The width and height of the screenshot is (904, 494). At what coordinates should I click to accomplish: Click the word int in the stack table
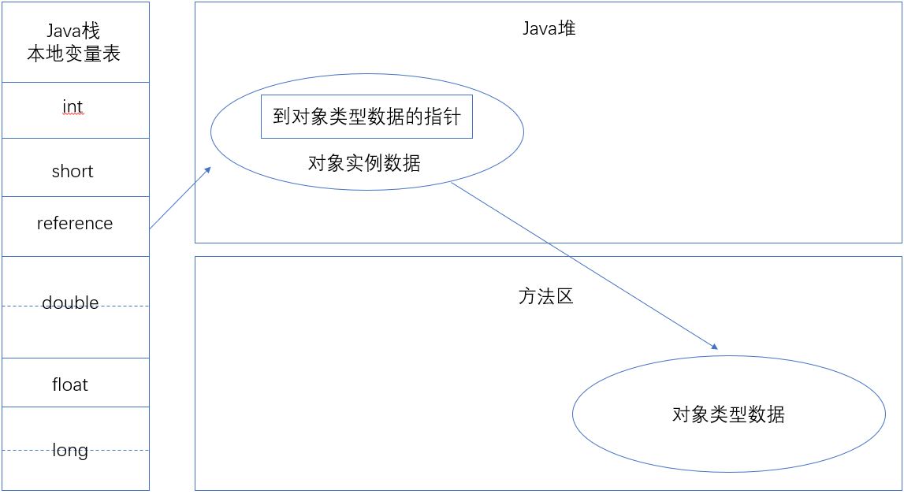73,106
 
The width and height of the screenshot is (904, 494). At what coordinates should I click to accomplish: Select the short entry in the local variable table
73,171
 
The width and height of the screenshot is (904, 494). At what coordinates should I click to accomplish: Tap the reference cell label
75,223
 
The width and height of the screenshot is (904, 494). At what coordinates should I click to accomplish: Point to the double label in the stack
70,303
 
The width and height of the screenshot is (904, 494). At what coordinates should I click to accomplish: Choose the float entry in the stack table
70,384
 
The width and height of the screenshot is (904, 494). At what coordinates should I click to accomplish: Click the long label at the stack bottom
70,451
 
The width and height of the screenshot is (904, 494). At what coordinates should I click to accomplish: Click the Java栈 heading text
74,32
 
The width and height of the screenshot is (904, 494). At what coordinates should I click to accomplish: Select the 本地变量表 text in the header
74,54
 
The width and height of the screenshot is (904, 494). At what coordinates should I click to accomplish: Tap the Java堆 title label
549,28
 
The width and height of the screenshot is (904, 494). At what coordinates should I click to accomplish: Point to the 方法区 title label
546,296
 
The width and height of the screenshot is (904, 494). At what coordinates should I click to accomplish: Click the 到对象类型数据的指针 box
366,117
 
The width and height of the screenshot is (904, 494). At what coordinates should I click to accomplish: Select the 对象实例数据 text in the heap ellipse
364,164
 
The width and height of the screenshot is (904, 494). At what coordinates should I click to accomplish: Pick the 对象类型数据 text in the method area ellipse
728,414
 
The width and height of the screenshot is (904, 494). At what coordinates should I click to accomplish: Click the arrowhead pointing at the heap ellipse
208,169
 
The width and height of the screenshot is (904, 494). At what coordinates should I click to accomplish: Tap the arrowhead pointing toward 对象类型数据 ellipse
714,346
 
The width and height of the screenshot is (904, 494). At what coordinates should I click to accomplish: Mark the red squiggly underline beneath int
73,114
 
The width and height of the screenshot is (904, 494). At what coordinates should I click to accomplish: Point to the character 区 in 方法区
564,296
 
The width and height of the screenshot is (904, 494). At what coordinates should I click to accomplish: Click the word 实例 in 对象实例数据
364,164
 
